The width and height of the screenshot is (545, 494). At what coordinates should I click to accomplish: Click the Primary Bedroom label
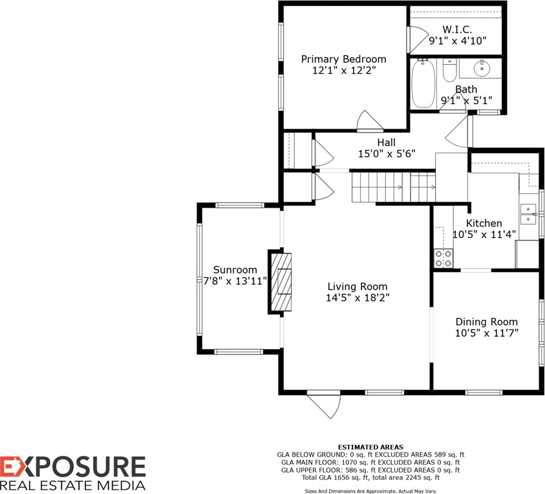[343, 59]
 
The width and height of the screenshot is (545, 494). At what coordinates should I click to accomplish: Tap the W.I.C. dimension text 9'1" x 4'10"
[457, 41]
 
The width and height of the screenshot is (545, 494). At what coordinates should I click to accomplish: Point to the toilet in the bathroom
[450, 70]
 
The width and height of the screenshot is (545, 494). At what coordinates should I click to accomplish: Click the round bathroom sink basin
[482, 68]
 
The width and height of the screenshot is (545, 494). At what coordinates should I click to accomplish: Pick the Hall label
[387, 142]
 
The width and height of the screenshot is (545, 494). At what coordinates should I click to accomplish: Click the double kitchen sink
[528, 214]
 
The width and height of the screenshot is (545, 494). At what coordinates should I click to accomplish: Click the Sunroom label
[235, 270]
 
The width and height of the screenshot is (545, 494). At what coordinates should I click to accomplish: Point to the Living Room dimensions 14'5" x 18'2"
[358, 298]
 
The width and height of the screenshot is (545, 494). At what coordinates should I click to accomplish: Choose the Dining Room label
[487, 321]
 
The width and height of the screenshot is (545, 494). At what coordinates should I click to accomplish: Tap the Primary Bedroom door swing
[370, 121]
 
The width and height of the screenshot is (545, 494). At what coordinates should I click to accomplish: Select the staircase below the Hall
[394, 187]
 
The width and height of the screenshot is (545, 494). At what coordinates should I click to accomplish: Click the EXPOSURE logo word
[72, 467]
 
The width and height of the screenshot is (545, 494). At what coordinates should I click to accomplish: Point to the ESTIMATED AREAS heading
[370, 447]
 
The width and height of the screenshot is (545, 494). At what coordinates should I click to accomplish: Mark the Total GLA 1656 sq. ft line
[370, 478]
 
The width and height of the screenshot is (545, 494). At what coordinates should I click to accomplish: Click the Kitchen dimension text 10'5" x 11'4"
[484, 235]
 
